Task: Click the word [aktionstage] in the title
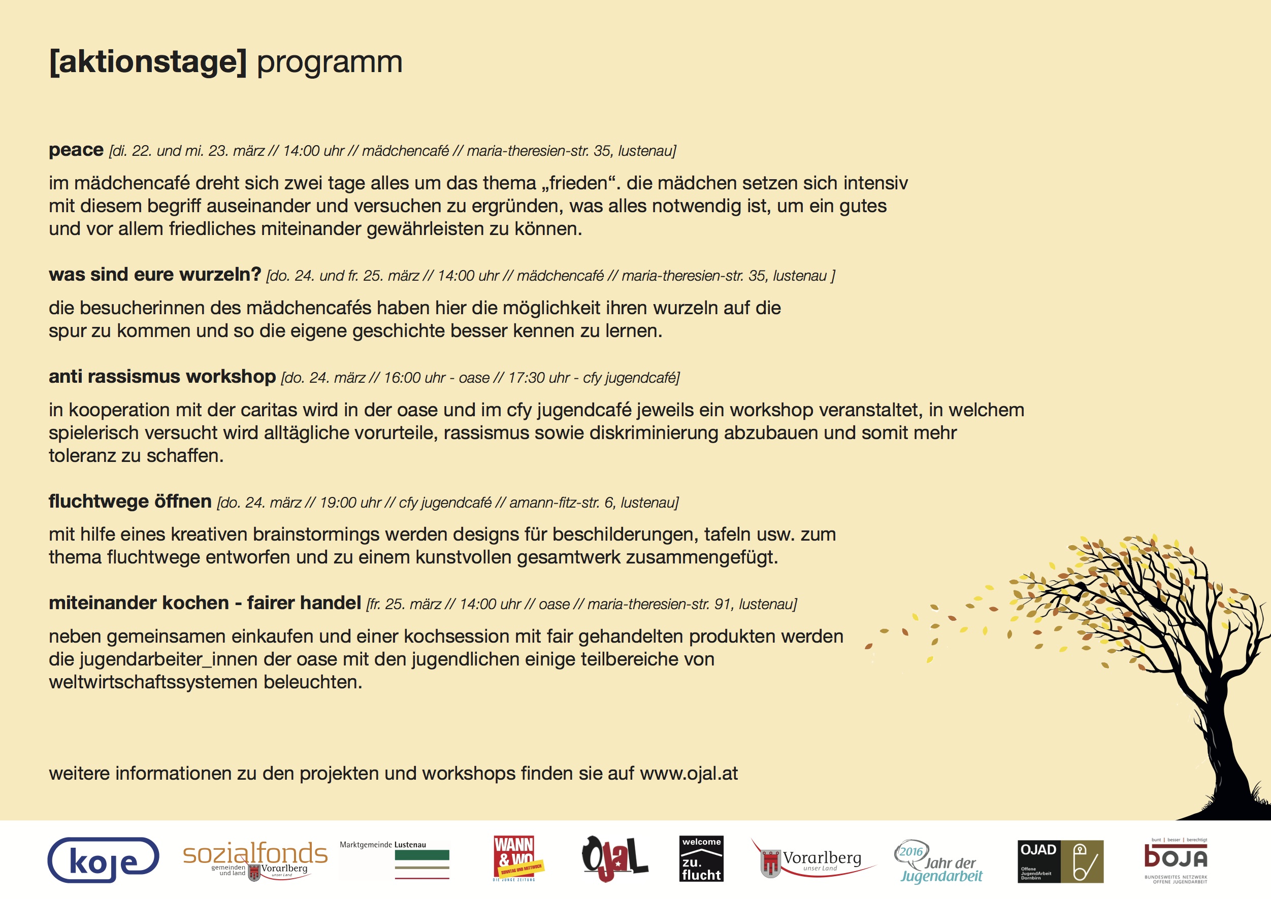148,62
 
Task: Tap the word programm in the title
330,62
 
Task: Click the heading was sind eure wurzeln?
154,274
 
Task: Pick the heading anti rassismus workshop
161,377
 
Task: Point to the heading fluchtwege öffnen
129,501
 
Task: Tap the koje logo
104,860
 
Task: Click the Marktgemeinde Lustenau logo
395,860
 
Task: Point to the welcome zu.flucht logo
701,858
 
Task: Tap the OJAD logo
1060,861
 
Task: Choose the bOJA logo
1175,860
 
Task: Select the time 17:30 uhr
538,378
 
